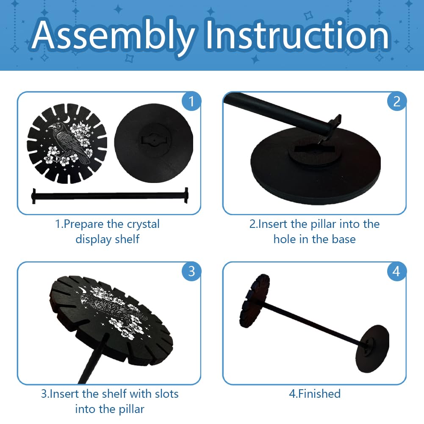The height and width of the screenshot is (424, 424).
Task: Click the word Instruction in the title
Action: (297, 34)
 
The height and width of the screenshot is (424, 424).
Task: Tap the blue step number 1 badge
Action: (191, 101)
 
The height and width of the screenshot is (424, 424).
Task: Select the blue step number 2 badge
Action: (396, 101)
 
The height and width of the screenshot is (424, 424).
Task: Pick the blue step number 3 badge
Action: (191, 271)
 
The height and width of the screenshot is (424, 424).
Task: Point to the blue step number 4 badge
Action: (396, 271)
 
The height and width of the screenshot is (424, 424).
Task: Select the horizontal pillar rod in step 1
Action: (110, 196)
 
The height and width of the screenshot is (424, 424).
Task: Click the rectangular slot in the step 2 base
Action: (314, 148)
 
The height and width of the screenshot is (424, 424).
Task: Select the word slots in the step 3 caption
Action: (166, 394)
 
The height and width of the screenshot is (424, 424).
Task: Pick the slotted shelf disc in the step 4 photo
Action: (254, 301)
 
